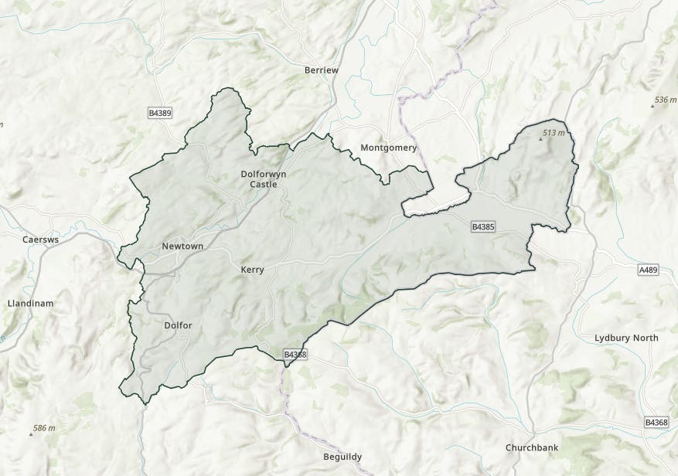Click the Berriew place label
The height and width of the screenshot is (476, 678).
[322, 70]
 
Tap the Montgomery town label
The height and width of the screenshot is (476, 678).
[389, 148]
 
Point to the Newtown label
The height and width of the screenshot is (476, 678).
[182, 246]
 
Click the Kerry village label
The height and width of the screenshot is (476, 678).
[253, 270]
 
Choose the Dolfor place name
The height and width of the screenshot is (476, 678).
[178, 325]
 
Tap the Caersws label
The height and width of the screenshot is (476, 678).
[37, 240]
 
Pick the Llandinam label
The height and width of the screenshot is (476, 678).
[30, 303]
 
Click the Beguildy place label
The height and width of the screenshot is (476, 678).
[342, 457]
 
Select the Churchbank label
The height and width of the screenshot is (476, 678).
[532, 447]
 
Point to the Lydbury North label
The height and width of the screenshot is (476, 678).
[626, 338]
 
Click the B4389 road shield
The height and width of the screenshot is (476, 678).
[160, 114]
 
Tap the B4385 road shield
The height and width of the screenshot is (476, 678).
[483, 227]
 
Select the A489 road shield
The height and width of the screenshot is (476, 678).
[649, 270]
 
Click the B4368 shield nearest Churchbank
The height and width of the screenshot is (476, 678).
[656, 423]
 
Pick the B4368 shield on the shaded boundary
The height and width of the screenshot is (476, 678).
[295, 354]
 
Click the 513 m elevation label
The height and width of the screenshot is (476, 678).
[554, 133]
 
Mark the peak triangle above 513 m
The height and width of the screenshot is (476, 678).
[540, 140]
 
